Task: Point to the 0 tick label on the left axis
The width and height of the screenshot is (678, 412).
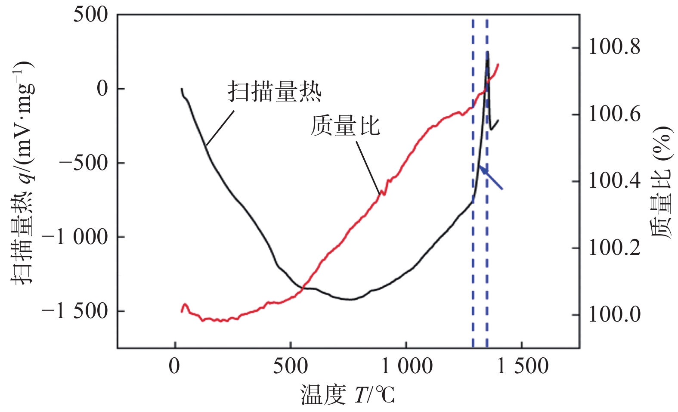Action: coord(102,89)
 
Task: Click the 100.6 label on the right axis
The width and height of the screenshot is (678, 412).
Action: coord(614,115)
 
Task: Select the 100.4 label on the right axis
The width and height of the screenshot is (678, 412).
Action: coord(614,181)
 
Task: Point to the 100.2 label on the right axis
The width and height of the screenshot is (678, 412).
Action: coord(614,248)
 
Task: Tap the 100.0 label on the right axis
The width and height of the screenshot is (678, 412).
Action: coord(614,315)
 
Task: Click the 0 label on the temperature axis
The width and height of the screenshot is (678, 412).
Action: coord(174,367)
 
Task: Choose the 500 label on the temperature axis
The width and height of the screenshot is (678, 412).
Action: coord(291,367)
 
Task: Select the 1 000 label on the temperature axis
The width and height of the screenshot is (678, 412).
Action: coord(407,367)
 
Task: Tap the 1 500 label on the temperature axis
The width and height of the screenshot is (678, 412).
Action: coord(523,367)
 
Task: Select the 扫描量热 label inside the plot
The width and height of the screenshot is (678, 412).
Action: coord(275,91)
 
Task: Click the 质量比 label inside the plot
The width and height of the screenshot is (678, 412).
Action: coord(345,126)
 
